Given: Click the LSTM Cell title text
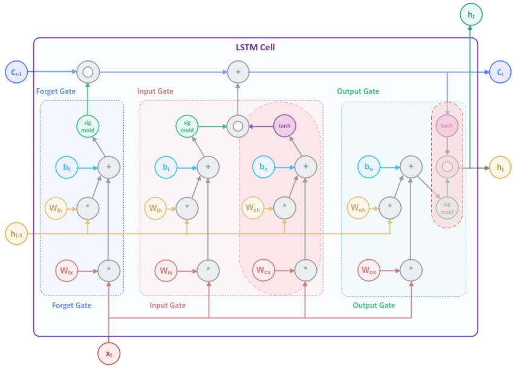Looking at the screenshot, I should pos(255,47).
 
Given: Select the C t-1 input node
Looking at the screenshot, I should pos(16,72).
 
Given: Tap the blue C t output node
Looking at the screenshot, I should pos(500,72).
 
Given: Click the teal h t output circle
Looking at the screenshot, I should pos(471,13).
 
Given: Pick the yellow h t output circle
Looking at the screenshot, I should pos(500,167).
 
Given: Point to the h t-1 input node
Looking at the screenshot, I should pos(16,234).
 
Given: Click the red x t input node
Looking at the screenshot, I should pos(109,353).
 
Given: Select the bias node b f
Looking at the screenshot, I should pos(67,167).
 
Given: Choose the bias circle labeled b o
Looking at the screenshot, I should pos(369,167).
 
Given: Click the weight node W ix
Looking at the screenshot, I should pos(166,270).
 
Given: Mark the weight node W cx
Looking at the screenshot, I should pos(263,270).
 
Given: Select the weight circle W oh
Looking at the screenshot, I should pos(359,208).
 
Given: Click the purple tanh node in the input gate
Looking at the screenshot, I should pos(285,126).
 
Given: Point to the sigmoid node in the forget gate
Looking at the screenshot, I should pos(88,126).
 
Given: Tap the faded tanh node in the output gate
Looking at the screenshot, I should pos(447,126).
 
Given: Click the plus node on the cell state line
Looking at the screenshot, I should pos(238,72).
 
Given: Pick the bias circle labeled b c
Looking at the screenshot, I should pos(263,167).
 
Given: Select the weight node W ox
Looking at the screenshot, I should pos(369,270).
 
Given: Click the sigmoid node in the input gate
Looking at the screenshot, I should pos(187,126).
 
